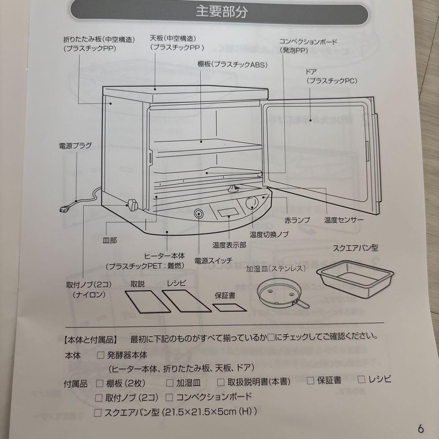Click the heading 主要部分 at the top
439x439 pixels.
[x=222, y=11]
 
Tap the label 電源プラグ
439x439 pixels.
[x=75, y=145]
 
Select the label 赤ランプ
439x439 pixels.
[x=297, y=220]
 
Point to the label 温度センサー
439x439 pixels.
[x=343, y=220]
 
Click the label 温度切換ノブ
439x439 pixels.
[x=269, y=235]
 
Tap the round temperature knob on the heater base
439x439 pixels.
[x=252, y=202]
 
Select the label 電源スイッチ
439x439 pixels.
[x=213, y=260]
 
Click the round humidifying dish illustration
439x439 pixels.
[x=280, y=293]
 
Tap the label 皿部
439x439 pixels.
[x=109, y=240]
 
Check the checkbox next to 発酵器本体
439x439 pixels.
[x=100, y=355]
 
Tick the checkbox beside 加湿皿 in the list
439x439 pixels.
[x=170, y=382]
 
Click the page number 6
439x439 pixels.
[x=420, y=428]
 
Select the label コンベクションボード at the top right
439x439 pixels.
[x=302, y=42]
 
